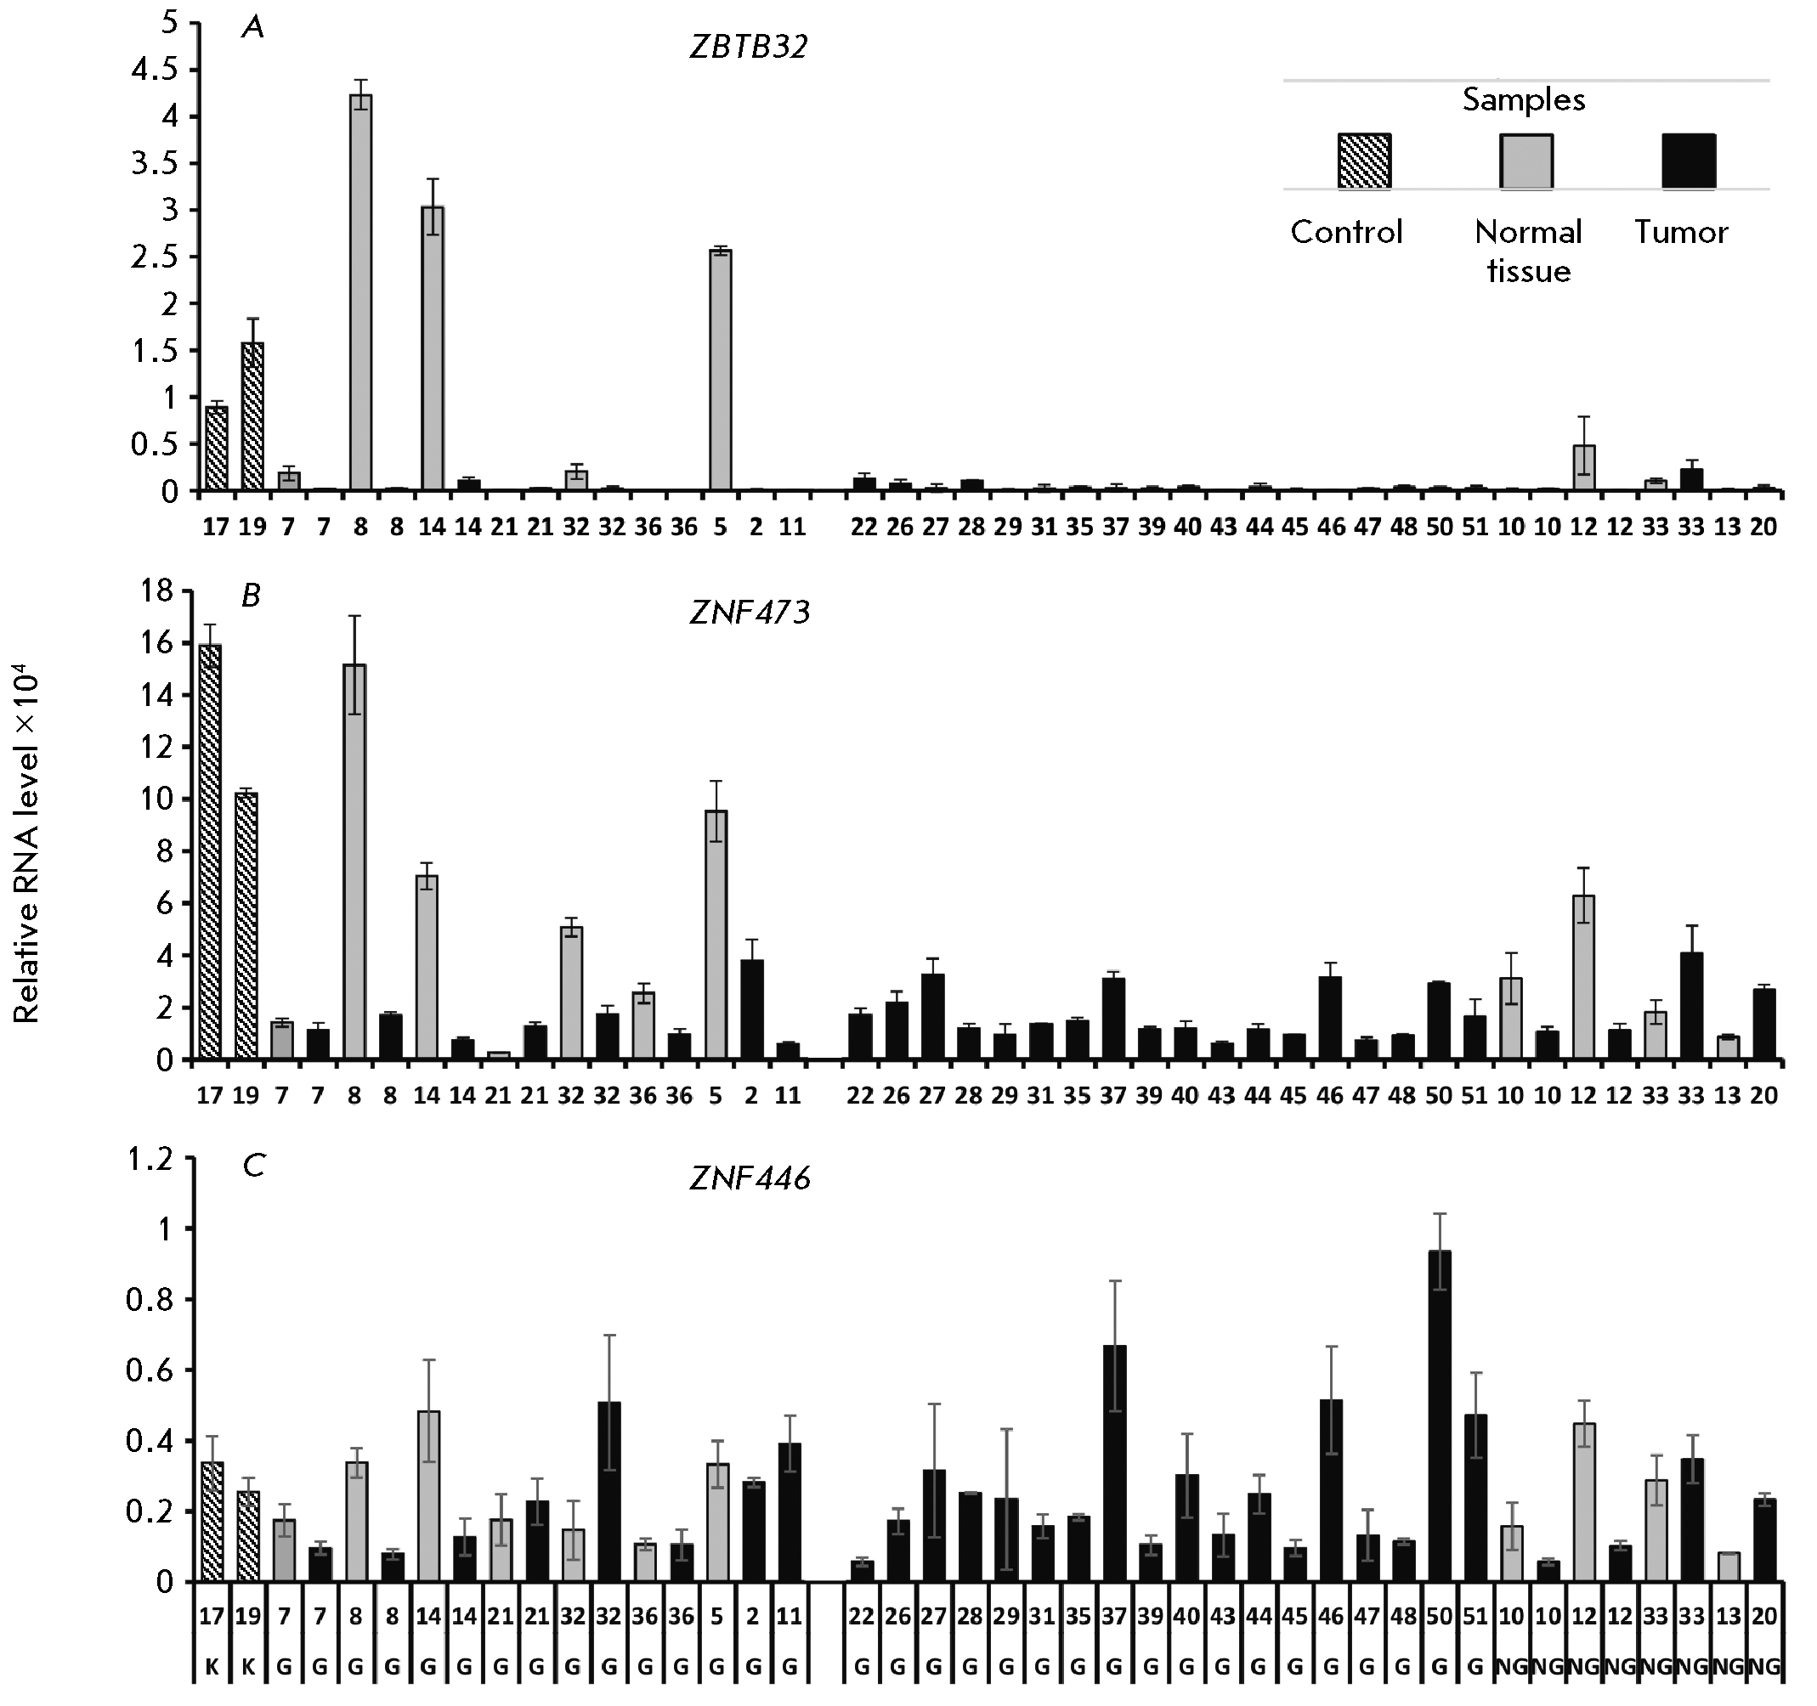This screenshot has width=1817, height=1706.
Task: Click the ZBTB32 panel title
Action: [x=749, y=48]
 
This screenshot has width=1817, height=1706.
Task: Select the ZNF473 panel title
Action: [x=750, y=613]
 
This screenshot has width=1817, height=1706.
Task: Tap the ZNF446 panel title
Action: [x=750, y=1179]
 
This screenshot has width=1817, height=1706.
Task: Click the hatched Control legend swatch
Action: [x=1364, y=161]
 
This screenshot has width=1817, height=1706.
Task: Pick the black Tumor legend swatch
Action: [x=1687, y=161]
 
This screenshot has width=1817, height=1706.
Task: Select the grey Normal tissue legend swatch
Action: [x=1526, y=161]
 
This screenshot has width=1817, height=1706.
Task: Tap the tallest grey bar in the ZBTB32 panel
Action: [x=361, y=292]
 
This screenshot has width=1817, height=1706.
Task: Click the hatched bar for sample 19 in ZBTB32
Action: [x=253, y=416]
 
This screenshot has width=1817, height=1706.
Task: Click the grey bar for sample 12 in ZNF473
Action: [x=1584, y=977]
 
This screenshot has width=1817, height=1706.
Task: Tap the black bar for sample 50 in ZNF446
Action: [x=1440, y=1415]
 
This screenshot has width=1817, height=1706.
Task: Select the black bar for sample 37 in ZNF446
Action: [x=1114, y=1463]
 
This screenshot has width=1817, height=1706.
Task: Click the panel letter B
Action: [x=251, y=596]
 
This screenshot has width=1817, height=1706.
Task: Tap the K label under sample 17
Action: [x=211, y=1667]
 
